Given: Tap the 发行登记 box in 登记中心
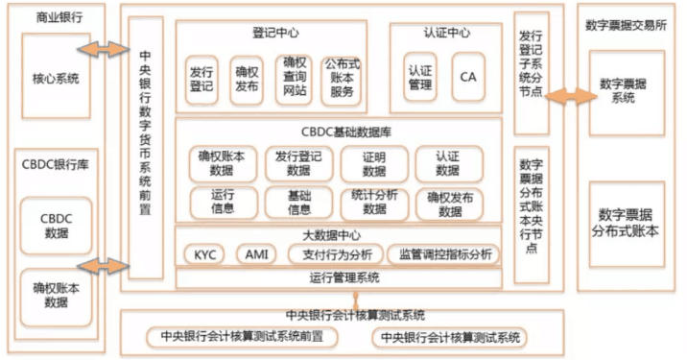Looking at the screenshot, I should (x=201, y=78).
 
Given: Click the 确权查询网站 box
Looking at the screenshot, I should (x=296, y=77).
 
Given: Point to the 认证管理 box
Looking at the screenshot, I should (x=420, y=77).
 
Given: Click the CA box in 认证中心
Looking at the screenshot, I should (x=467, y=77).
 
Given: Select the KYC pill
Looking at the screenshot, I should (x=204, y=254).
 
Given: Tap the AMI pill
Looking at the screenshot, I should (x=256, y=254).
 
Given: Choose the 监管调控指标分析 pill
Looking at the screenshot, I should (x=443, y=254).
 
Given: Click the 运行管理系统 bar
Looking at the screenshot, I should (x=339, y=277).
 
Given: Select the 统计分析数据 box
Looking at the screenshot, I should (x=374, y=203).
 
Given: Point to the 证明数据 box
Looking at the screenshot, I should (x=374, y=164).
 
